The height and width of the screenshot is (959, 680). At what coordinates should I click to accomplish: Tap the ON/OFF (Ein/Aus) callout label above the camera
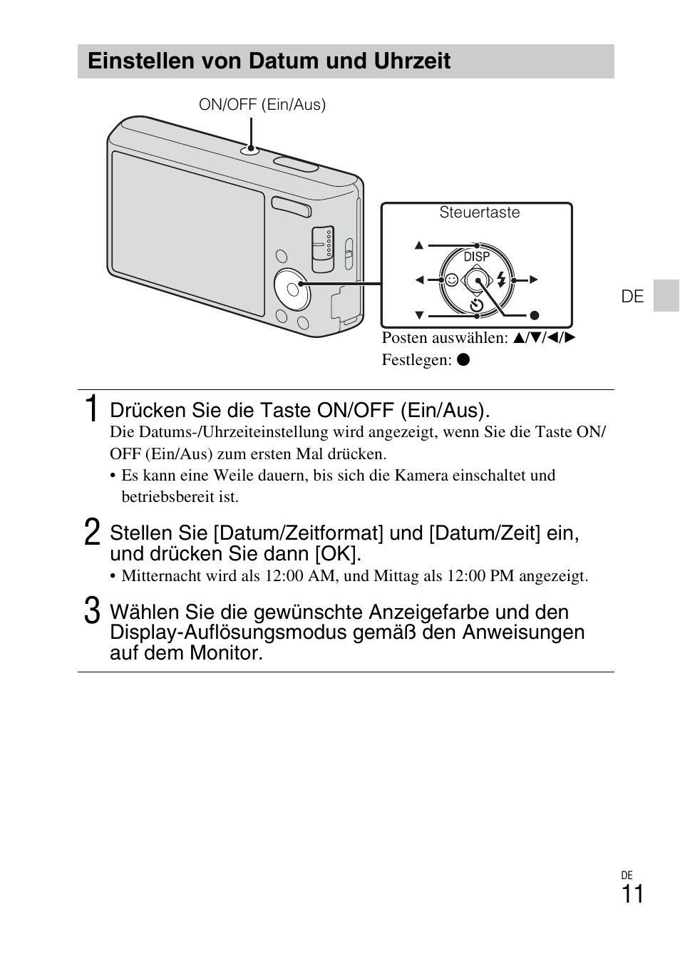click(262, 105)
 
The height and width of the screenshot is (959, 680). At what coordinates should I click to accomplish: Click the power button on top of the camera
click(250, 150)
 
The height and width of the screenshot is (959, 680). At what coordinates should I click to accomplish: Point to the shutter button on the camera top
click(297, 165)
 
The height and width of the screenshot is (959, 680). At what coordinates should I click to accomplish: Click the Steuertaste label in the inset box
click(479, 212)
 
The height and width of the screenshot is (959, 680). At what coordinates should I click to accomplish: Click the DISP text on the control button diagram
click(476, 257)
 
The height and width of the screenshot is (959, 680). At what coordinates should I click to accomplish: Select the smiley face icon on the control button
click(451, 280)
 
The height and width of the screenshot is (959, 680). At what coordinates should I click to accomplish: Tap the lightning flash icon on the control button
click(502, 280)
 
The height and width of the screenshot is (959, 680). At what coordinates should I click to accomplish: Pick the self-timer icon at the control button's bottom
click(476, 306)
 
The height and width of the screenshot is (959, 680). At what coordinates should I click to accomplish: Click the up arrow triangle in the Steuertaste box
click(419, 246)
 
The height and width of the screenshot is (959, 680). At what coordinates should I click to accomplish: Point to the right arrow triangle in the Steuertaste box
click(533, 280)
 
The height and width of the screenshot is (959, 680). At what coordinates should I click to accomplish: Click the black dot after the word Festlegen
click(463, 360)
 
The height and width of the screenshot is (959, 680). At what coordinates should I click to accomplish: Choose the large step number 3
click(91, 612)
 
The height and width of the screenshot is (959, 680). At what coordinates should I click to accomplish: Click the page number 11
click(632, 894)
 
